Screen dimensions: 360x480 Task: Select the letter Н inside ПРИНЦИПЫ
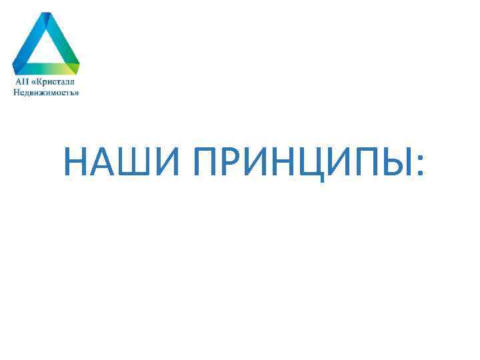click(284, 162)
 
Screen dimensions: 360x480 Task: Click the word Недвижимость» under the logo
click(46, 93)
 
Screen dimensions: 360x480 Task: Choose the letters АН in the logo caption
click(21, 81)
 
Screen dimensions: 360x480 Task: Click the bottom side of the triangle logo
click(46, 69)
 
